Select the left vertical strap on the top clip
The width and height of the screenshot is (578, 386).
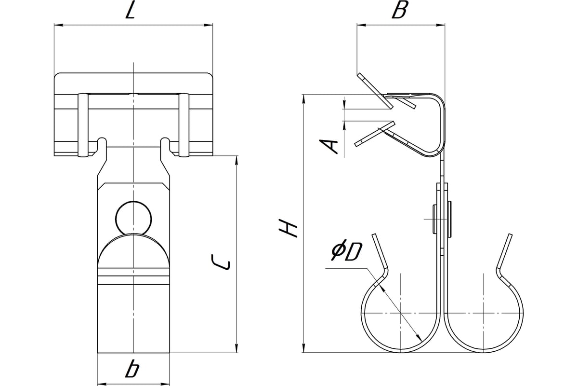pos(82,125)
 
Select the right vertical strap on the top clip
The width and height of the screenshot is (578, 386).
pos(183,125)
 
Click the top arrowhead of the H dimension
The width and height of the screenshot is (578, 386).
pos(303,98)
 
